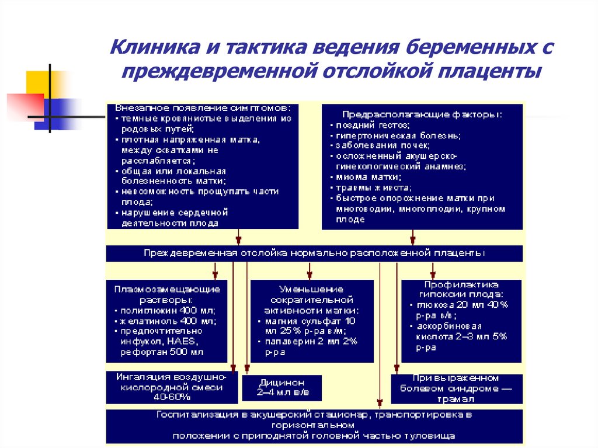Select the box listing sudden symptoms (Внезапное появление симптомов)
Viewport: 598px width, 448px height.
202,166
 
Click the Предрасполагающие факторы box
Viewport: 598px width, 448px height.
422,166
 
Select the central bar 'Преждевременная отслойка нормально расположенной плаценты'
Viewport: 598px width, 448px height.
314,253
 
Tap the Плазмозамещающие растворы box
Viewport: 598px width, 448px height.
167,321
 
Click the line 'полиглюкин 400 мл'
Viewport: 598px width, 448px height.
167,310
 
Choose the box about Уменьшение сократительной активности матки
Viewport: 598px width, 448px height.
312,321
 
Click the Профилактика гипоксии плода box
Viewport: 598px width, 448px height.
461,321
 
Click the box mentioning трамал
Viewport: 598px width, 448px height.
456,389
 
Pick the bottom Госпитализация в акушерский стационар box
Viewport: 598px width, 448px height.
314,426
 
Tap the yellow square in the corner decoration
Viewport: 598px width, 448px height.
36,82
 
